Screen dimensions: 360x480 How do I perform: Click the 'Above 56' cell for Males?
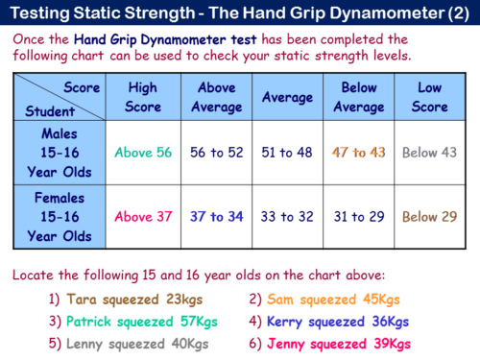pos(142,152)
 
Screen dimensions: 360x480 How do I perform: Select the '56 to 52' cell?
pos(216,152)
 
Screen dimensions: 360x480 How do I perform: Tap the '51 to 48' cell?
pos(287,152)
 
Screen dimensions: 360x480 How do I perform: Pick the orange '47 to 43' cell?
pos(358,152)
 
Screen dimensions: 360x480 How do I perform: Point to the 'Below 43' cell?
pos(429,152)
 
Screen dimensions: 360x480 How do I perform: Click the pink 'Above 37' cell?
pos(142,216)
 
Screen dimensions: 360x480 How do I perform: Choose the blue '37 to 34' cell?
pos(216,216)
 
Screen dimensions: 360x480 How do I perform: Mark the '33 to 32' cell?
pos(287,216)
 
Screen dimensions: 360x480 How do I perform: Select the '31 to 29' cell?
pos(358,216)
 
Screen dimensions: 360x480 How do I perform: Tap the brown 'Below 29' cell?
pos(429,216)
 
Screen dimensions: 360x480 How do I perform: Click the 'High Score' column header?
pos(142,97)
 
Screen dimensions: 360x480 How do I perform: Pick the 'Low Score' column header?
pos(429,97)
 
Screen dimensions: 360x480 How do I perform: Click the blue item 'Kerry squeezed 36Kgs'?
pos(330,322)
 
